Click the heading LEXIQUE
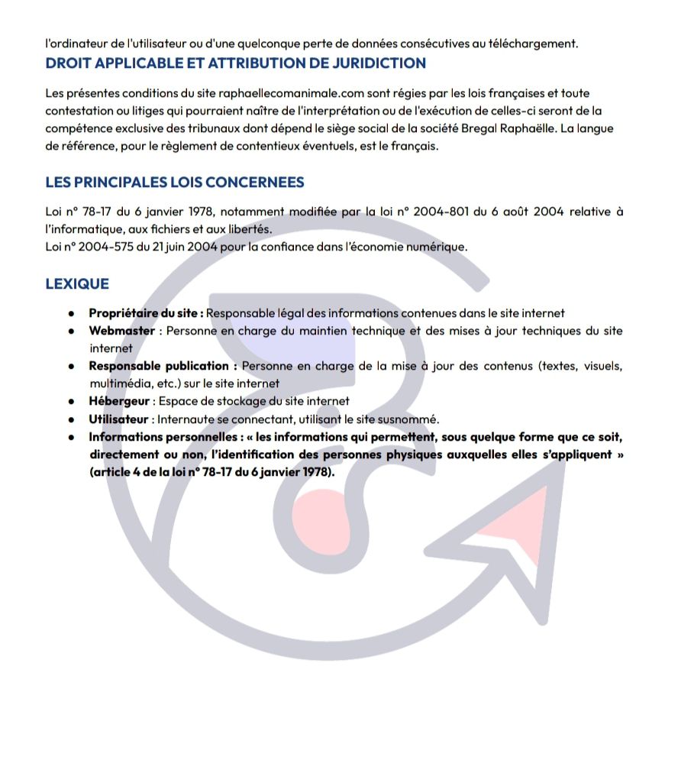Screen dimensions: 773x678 [77, 283]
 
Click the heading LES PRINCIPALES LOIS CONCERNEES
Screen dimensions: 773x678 [175, 182]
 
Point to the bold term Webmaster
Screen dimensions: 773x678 [121, 331]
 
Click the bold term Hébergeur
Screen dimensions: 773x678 [119, 401]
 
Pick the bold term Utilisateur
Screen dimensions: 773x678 [118, 419]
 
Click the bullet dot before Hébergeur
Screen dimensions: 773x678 [71, 401]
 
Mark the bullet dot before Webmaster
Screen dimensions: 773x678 [71, 331]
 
